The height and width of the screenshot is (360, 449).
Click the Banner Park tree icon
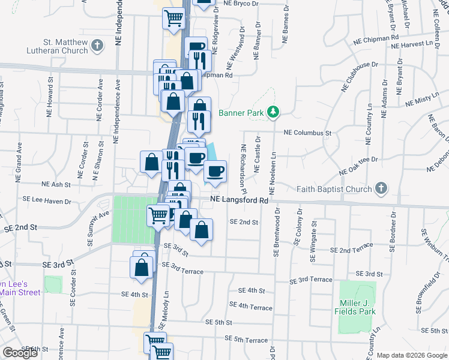(273, 111)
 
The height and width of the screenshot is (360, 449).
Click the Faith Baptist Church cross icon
(380, 189)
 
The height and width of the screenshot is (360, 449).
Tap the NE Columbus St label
(307, 132)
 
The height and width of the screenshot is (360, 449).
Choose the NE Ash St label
(56, 185)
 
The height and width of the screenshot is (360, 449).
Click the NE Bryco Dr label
(240, 4)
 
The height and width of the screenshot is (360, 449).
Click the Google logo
(20, 353)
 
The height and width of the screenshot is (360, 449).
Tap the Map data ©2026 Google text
(411, 355)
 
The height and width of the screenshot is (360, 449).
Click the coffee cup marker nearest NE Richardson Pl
(214, 172)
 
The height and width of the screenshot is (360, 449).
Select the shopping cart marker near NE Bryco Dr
(173, 18)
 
